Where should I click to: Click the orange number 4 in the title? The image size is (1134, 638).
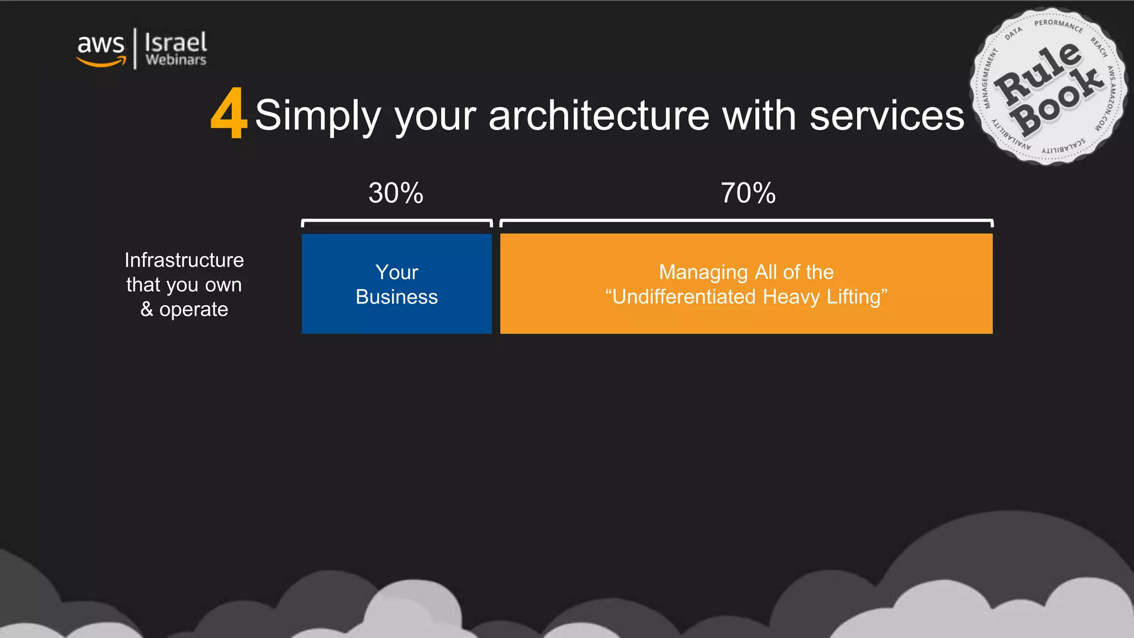coord(229,114)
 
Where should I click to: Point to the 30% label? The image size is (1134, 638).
coord(396,193)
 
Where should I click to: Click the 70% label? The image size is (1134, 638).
coord(748,193)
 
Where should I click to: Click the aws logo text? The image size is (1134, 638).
coord(101,44)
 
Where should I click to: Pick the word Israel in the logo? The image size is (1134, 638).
coord(176,42)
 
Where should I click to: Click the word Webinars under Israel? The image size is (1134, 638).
coord(176,60)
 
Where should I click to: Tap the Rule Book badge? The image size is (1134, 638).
coord(1048,87)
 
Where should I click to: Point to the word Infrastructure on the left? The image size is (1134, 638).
coord(184,260)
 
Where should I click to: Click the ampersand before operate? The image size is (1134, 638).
coord(147,309)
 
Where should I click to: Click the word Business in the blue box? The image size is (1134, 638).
coord(396,297)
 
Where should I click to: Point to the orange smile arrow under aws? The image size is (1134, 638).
coord(101,62)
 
